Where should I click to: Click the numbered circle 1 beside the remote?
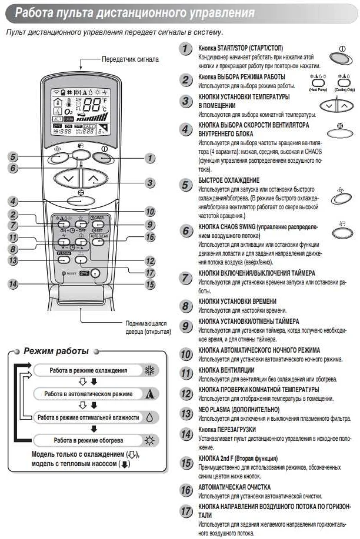151,158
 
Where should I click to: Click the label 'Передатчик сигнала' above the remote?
130,59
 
